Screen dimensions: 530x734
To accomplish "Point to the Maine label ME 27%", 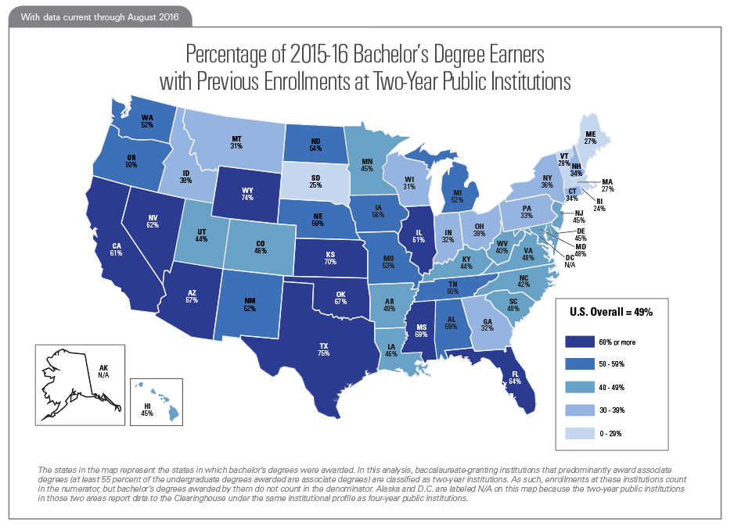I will [x=590, y=138].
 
